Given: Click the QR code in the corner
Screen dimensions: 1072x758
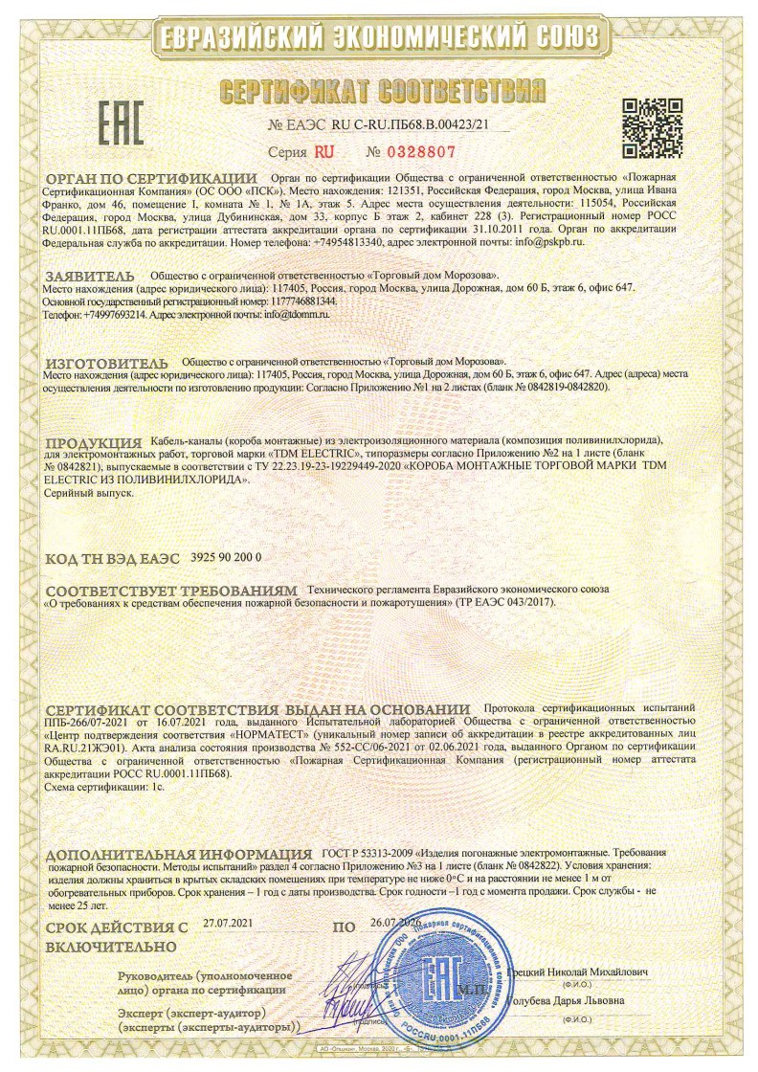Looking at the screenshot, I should [650, 127].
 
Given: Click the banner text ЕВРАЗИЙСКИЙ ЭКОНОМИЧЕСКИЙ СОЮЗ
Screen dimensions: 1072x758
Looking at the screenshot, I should [379, 37].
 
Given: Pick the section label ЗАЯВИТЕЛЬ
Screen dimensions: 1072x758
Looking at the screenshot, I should [94, 274].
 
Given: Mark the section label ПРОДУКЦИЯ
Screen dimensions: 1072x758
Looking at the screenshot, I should [95, 440].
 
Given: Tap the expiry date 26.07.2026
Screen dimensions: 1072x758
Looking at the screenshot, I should [394, 924].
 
